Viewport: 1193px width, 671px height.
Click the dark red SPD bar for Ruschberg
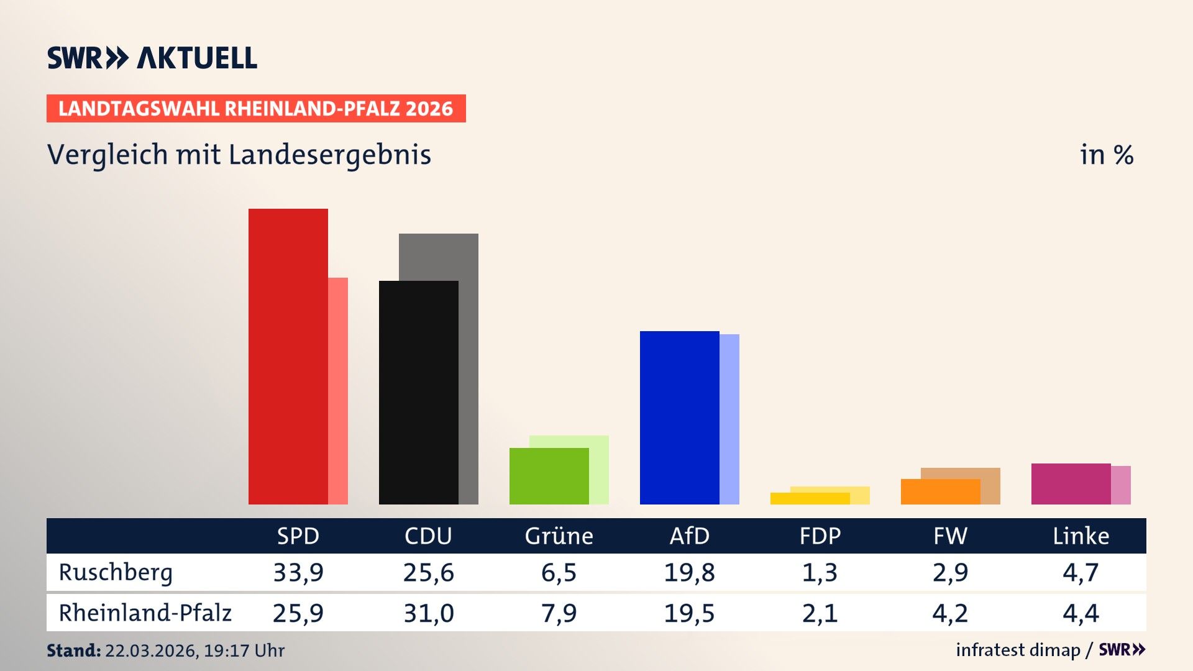(x=288, y=357)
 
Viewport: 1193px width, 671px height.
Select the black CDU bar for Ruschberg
(x=418, y=393)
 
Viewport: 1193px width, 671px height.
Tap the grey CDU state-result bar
(x=469, y=367)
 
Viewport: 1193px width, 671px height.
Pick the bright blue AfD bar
(x=679, y=418)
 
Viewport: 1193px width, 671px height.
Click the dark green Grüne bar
(x=549, y=476)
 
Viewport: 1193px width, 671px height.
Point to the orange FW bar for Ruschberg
(x=940, y=491)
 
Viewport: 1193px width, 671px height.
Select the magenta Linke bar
(x=1071, y=483)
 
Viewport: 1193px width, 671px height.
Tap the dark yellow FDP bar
(x=810, y=498)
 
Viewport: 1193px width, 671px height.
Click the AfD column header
(x=689, y=536)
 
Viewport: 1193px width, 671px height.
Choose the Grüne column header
(x=559, y=536)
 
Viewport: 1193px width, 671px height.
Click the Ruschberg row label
(x=116, y=572)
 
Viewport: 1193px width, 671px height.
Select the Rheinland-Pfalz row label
(x=145, y=613)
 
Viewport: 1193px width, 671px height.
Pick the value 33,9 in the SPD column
(x=298, y=572)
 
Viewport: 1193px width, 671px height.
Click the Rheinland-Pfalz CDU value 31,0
(x=429, y=613)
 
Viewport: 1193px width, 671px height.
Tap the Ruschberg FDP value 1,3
(x=820, y=572)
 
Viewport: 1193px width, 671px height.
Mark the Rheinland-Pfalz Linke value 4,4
(x=1081, y=613)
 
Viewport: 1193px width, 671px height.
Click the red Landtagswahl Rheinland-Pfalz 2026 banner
(x=255, y=108)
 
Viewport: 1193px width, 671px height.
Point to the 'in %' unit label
(x=1106, y=155)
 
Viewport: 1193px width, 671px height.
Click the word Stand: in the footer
(x=73, y=650)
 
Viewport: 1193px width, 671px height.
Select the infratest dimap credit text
(x=1017, y=650)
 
